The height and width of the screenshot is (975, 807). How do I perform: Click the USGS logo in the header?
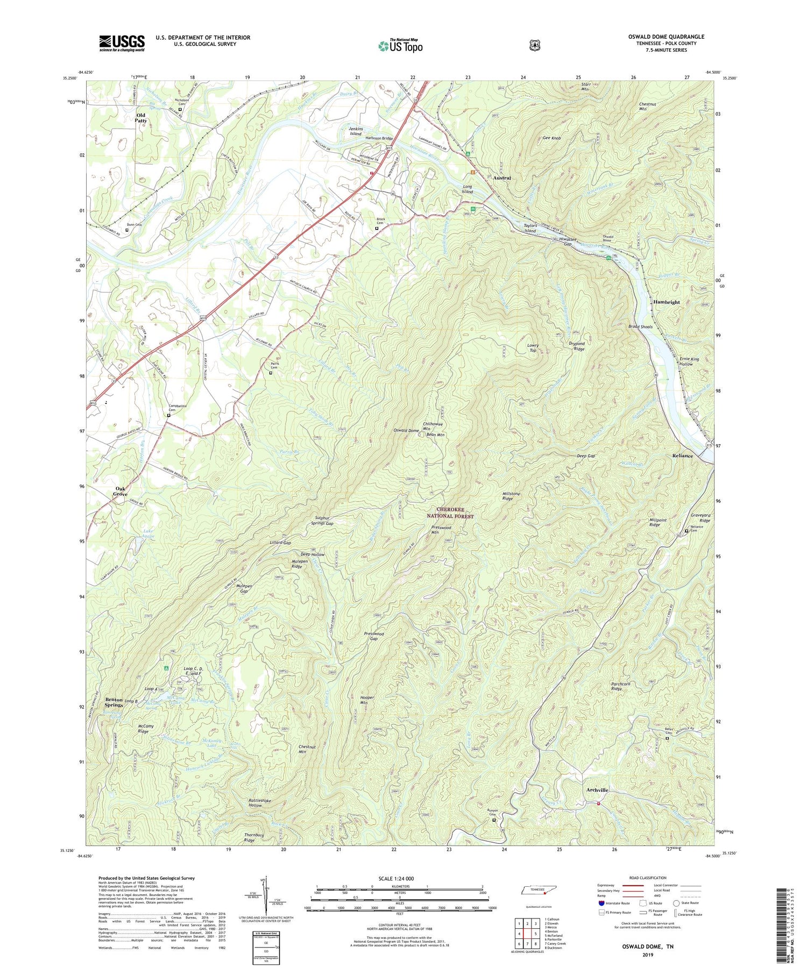(x=122, y=43)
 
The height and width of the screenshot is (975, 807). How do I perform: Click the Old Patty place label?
(x=141, y=118)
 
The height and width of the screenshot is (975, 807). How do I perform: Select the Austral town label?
(x=501, y=177)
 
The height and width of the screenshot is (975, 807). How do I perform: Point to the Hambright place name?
(x=667, y=302)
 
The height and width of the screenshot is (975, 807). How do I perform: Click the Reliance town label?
(x=682, y=456)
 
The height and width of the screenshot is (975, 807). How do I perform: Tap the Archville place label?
(x=597, y=790)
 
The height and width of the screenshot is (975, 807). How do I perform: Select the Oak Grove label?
(x=120, y=492)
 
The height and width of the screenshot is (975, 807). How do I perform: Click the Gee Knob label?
(x=551, y=138)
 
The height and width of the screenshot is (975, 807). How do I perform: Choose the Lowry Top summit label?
(x=533, y=347)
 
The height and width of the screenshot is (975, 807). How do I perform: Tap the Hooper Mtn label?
(x=366, y=700)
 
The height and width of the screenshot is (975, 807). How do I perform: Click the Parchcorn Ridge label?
(x=624, y=687)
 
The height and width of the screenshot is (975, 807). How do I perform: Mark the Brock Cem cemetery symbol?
(x=377, y=228)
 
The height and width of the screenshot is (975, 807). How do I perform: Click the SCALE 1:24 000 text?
(x=400, y=879)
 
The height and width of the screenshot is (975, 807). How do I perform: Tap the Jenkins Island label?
(x=356, y=131)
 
